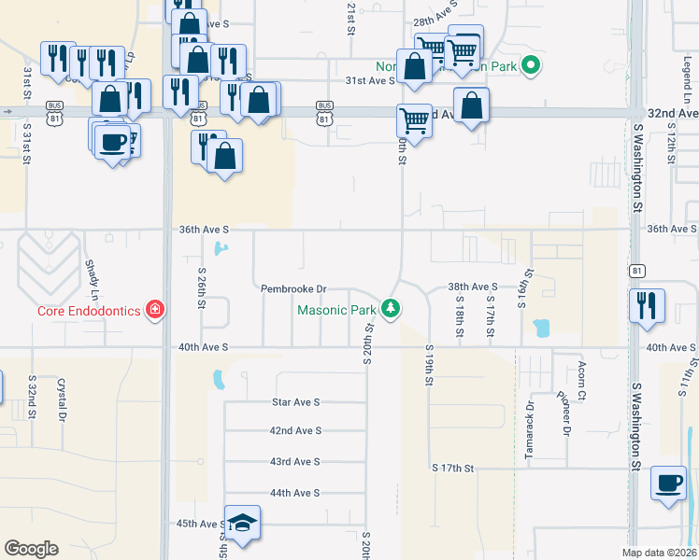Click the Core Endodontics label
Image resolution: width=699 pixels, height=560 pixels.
(90, 310)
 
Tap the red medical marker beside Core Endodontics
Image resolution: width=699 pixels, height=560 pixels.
(155, 310)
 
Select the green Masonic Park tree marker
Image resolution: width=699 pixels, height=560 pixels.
(392, 308)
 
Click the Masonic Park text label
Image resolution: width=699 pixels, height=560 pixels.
(336, 310)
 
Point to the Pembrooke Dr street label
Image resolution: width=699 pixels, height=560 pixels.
(293, 288)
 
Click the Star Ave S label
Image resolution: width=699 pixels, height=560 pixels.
(295, 401)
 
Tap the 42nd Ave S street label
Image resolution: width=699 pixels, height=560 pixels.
(295, 430)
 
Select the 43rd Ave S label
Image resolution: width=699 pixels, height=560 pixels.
(295, 461)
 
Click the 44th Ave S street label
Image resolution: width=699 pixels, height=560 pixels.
(295, 492)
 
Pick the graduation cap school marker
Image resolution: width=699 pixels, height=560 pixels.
(243, 525)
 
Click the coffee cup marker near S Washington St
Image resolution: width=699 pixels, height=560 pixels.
(668, 483)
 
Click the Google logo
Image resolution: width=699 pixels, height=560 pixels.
(32, 548)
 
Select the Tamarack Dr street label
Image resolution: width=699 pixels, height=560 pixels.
(530, 415)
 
